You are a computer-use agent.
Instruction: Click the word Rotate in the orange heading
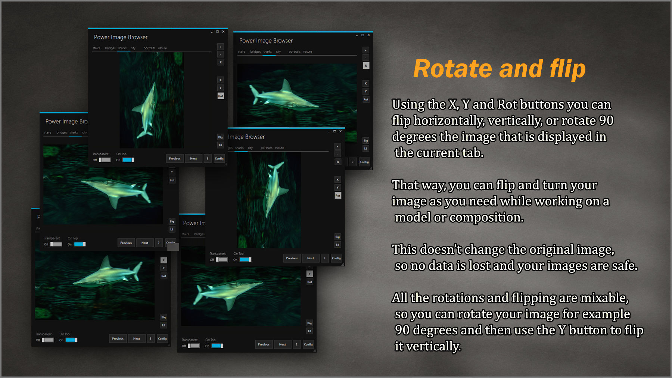click(452, 69)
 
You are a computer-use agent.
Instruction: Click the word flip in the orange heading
click(567, 70)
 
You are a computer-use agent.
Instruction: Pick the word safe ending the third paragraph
click(625, 266)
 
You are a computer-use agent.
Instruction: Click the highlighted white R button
click(366, 66)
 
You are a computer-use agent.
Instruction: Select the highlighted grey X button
click(164, 260)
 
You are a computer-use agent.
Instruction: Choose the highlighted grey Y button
click(309, 274)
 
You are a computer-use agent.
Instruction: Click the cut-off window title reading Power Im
click(194, 223)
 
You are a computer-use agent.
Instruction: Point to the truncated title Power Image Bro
click(66, 122)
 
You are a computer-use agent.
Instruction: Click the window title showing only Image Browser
click(246, 137)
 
